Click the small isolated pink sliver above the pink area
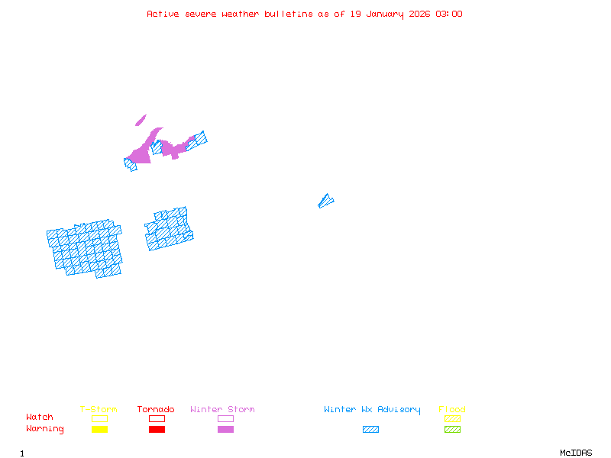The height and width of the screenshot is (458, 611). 141,121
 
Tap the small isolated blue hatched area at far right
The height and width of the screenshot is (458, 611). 325,201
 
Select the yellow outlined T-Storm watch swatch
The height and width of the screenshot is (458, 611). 99,418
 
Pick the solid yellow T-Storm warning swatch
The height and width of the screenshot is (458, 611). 99,430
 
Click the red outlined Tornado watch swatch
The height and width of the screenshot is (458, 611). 157,418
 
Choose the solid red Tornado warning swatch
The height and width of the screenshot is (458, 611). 157,430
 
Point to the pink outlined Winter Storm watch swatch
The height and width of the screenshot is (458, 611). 225,418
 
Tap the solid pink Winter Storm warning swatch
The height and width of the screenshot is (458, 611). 225,430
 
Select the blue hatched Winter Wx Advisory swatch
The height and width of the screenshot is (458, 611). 370,430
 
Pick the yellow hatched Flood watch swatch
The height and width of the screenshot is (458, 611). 452,418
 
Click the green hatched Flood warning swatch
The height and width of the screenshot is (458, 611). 452,430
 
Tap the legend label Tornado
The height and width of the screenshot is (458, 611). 156,410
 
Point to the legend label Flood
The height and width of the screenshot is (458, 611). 452,410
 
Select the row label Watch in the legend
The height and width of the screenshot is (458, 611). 40,418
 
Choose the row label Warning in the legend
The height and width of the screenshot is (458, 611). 45,429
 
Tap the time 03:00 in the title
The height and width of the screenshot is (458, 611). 449,14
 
